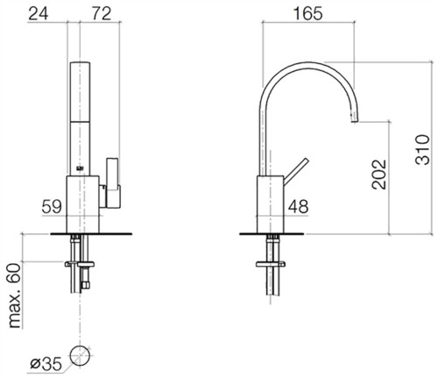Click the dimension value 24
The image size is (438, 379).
(39, 14)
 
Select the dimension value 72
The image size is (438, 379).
(102, 14)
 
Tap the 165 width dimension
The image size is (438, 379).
(308, 14)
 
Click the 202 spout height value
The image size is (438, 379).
(378, 175)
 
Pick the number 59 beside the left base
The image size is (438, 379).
(52, 207)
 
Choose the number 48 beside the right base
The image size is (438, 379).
(298, 206)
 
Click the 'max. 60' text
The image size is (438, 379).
(15, 296)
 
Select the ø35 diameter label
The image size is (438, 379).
(46, 364)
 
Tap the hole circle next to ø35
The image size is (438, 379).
(80, 355)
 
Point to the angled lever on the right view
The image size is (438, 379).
(296, 172)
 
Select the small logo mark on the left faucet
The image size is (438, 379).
(80, 168)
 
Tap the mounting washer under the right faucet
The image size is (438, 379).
(271, 264)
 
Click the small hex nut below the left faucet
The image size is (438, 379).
(86, 284)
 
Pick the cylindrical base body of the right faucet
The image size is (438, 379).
(270, 204)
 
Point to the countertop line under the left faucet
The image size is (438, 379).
(91, 233)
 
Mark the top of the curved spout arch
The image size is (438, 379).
(308, 63)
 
